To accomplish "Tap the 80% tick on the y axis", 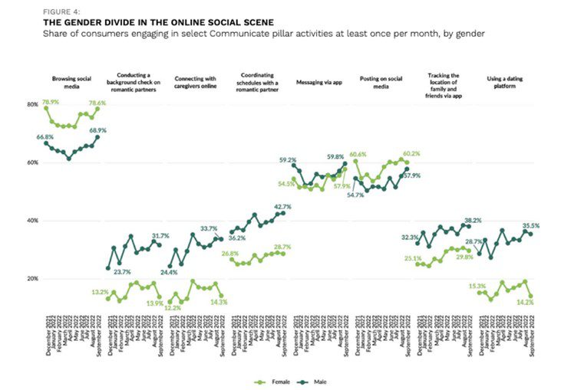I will pyautogui.click(x=31, y=104).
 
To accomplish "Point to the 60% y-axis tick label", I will pyautogui.click(x=31, y=162).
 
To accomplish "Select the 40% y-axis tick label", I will pyautogui.click(x=31, y=221).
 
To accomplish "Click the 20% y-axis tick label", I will pyautogui.click(x=31, y=279).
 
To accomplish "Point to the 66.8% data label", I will pyautogui.click(x=51, y=136).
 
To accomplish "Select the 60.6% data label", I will pyautogui.click(x=358, y=153).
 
